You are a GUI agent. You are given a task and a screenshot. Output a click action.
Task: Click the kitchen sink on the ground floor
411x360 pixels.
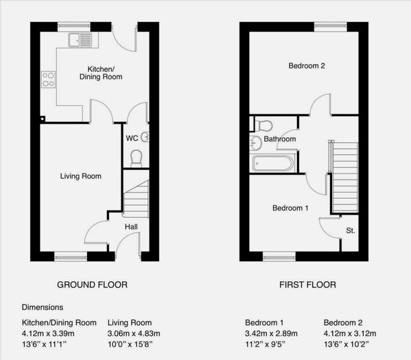[x=80, y=40]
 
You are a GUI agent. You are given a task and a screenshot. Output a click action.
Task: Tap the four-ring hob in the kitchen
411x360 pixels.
[x=49, y=80]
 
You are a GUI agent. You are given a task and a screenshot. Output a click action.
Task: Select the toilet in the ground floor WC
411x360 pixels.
[x=136, y=158]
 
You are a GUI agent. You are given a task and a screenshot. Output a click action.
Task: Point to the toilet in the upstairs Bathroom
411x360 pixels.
[x=263, y=125]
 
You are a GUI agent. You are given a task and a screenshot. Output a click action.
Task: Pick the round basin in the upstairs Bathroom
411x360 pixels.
[x=255, y=143]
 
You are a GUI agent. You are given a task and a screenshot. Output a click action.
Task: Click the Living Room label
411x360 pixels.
[x=81, y=176]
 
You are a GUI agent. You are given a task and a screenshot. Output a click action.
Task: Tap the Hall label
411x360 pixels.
[x=131, y=227]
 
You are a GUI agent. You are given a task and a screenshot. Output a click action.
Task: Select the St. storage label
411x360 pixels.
[x=351, y=230]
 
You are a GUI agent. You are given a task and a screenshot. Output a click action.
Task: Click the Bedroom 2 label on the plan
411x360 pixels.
[x=307, y=66]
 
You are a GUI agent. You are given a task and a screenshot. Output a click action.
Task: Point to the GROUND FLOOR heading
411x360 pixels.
[x=92, y=285]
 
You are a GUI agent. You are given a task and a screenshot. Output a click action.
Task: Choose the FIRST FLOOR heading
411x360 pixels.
[x=307, y=285]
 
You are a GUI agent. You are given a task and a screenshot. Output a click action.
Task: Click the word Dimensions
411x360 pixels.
[x=43, y=307]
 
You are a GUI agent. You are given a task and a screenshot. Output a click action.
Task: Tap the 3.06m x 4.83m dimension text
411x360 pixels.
[x=134, y=333]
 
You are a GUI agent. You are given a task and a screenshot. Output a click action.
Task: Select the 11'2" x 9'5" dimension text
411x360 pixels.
[x=265, y=344]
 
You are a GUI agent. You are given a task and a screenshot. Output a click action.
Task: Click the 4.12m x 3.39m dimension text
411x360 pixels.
[x=48, y=333]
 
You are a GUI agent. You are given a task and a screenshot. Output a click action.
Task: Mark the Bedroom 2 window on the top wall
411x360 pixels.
[x=330, y=26]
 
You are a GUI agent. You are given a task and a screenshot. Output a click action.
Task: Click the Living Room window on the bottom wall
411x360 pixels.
[x=71, y=257]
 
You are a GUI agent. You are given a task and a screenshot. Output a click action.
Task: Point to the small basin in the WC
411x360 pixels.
[x=145, y=136]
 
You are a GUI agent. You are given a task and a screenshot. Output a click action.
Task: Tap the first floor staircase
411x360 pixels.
[x=344, y=178]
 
